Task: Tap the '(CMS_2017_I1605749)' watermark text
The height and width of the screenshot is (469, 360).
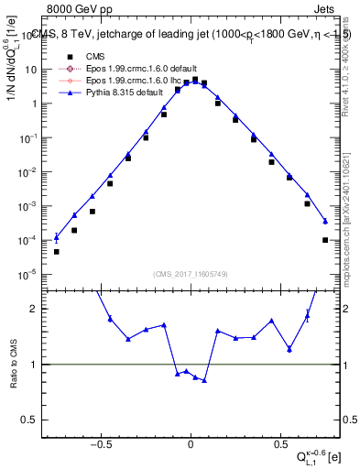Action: [x=190, y=274]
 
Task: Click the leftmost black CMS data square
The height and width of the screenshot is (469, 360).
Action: [x=56, y=252]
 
